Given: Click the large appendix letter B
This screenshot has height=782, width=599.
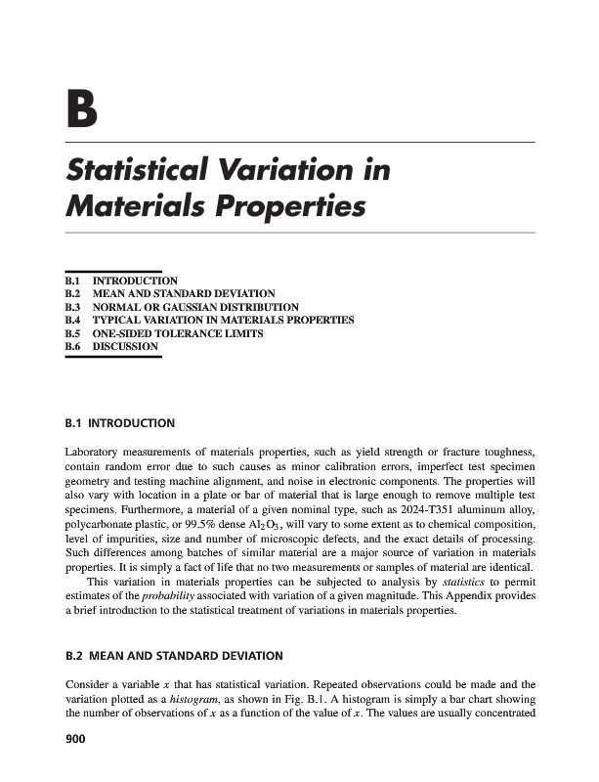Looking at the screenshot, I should pyautogui.click(x=81, y=110).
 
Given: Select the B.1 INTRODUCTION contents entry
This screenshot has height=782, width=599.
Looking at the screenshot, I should pyautogui.click(x=121, y=281).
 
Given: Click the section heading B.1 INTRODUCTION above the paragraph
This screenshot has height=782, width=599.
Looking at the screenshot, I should pyautogui.click(x=119, y=424).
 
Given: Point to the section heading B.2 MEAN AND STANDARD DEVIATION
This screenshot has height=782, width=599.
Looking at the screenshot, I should pyautogui.click(x=173, y=655).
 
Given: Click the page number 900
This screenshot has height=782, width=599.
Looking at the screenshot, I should pyautogui.click(x=75, y=741).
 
